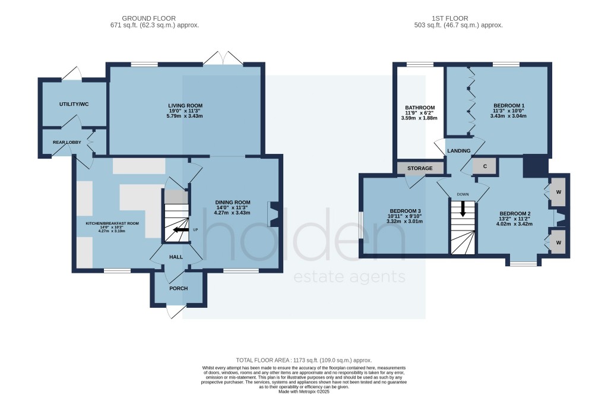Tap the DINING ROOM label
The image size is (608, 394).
coord(233,202)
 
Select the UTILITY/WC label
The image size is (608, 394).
coord(74,104)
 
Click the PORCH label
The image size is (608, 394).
coord(178,288)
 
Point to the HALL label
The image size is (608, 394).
coord(176,257)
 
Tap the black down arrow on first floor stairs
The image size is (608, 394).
coord(463,210)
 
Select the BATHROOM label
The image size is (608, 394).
coord(420,108)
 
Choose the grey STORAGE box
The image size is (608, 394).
coord(420,168)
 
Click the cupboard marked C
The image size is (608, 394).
coord(484,166)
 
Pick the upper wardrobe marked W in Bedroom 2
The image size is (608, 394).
coord(558,192)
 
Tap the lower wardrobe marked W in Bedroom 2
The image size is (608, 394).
coord(558,242)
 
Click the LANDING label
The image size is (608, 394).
coord(459,150)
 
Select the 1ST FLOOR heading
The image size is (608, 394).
coord(450,18)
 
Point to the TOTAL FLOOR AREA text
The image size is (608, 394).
coord(304,360)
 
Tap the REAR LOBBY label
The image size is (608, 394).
coord(67,143)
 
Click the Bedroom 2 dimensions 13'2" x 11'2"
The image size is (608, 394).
coord(515,219)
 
